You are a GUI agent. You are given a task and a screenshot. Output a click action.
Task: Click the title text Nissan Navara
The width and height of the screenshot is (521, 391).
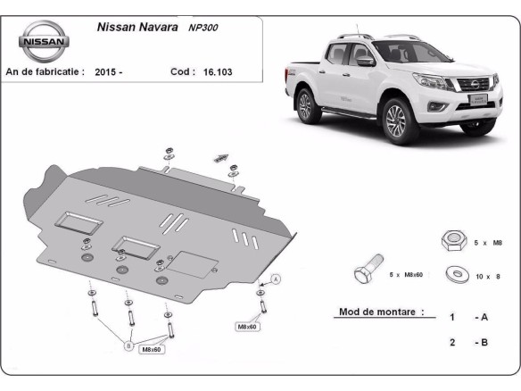133,27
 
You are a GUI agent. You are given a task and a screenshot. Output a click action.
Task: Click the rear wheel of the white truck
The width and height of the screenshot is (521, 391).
306,105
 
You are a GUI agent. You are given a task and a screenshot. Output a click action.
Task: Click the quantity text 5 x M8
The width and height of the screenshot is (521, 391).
486,242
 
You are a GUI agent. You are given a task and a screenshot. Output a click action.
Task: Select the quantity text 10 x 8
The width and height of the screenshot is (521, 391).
487,277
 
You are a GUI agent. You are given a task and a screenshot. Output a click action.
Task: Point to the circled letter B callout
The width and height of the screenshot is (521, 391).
128,345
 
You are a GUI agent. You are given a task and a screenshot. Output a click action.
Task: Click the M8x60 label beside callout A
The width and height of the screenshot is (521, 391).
246,327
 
